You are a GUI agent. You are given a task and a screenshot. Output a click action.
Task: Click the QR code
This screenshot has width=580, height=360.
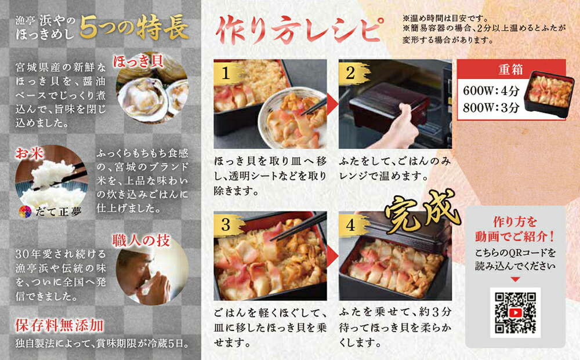click(515, 312)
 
